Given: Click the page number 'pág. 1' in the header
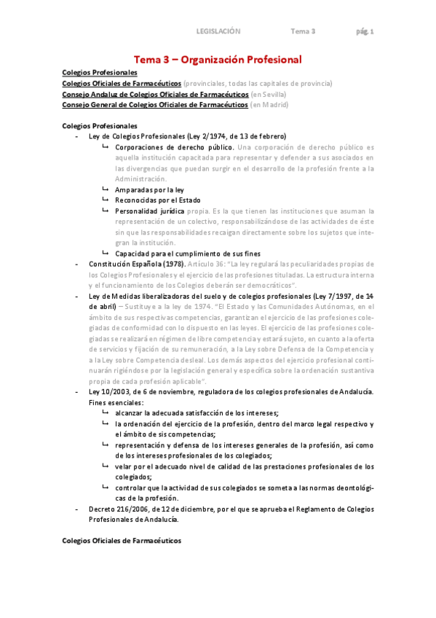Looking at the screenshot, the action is [x=365, y=31].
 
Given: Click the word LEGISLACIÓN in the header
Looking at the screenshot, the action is [x=218, y=31].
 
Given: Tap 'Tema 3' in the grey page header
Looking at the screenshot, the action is [x=303, y=31].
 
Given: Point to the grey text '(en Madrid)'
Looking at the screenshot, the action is [x=269, y=105].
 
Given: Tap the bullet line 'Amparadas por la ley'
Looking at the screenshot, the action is [x=149, y=189].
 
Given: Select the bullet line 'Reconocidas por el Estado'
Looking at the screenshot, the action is [x=157, y=200].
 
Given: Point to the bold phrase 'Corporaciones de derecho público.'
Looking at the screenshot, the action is [x=171, y=147].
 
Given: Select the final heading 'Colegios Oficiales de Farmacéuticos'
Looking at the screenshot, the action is [x=122, y=541].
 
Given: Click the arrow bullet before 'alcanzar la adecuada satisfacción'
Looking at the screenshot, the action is [x=106, y=412].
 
